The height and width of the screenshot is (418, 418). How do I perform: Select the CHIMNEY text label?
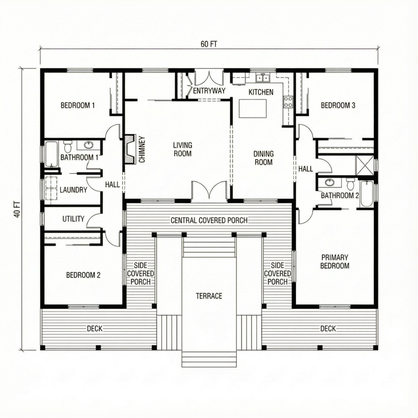(x=142, y=149)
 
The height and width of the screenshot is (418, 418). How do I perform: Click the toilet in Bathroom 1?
(x=68, y=147)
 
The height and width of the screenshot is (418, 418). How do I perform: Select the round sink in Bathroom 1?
(x=89, y=145)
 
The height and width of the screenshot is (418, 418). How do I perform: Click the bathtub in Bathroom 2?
(x=366, y=194)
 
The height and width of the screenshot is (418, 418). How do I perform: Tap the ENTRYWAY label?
(x=209, y=91)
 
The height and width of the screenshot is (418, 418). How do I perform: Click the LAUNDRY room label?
(x=73, y=190)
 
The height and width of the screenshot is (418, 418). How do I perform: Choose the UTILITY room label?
(x=73, y=219)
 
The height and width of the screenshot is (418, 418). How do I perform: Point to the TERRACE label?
(x=209, y=296)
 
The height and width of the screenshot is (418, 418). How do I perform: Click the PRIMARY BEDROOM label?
(x=335, y=262)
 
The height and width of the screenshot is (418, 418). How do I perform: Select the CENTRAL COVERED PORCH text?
(x=209, y=220)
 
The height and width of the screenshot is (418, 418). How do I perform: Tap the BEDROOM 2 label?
(x=83, y=275)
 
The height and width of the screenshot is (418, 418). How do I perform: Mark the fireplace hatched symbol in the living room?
(x=130, y=149)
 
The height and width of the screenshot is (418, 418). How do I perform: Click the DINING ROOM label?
(x=263, y=158)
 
